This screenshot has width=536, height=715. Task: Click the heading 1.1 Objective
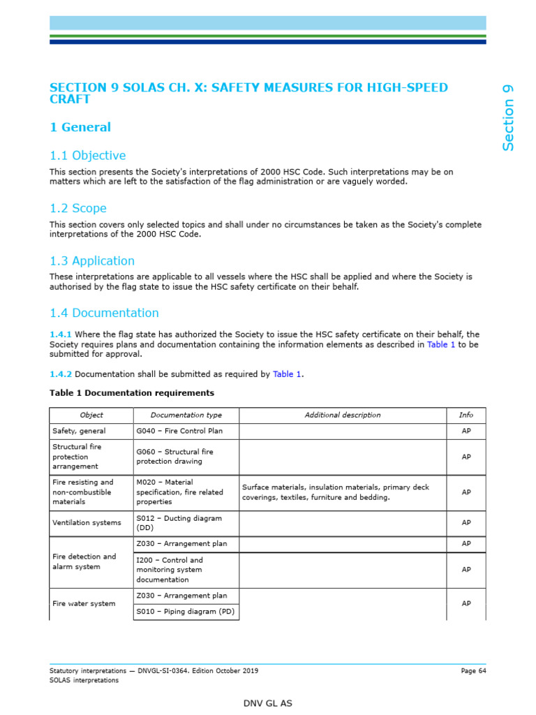point(87,156)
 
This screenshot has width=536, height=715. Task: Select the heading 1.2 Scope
point(77,208)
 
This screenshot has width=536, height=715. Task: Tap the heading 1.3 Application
point(92,260)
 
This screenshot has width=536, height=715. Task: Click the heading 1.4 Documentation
point(104,313)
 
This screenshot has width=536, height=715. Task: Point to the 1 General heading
point(80,127)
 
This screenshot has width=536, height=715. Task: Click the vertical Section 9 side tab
point(508,117)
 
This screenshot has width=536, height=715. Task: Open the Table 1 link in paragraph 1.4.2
point(287,374)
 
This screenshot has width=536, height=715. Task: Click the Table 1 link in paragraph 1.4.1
point(441,345)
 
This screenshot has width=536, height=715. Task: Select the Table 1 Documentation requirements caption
point(131,393)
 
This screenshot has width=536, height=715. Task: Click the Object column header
point(91,415)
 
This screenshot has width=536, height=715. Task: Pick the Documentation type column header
point(186,415)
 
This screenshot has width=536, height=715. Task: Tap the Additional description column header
point(343,415)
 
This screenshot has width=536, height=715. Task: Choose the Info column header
point(466,415)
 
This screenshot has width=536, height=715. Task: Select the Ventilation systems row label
point(87,522)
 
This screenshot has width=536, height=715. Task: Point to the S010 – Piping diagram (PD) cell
point(185,612)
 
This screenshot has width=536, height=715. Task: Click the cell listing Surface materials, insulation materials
point(336,492)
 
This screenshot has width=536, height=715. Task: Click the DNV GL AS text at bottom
point(267,703)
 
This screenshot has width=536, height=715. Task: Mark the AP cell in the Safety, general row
point(466,432)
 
